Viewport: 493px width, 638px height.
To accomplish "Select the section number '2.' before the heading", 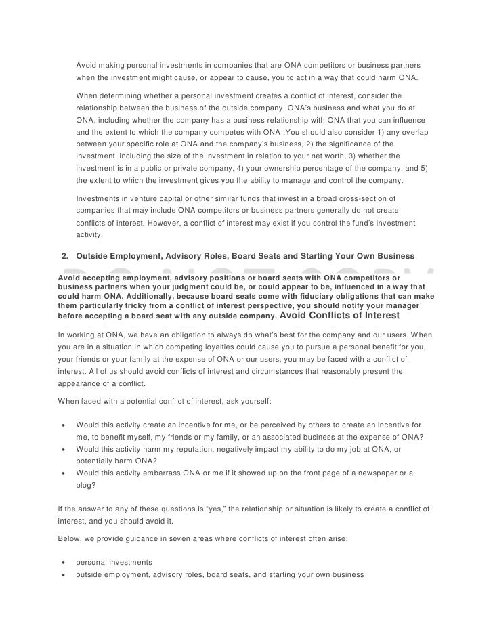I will coord(65,257).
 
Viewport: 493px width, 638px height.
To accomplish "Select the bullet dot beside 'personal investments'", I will coord(64,563).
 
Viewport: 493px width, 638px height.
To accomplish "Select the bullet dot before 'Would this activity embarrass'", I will coord(64,472).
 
